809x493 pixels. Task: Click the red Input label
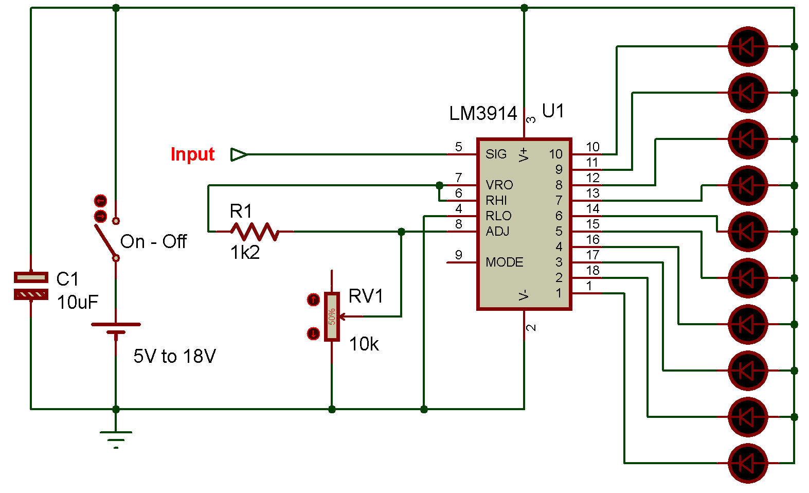192,154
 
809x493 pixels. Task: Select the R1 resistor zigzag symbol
255,232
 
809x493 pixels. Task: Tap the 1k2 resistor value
245,253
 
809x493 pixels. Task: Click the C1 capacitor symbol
31,286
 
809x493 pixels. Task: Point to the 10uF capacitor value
77,302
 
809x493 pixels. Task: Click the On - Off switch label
153,241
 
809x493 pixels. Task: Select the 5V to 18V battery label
174,356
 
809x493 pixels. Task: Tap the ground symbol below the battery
116,437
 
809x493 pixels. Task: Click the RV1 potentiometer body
332,316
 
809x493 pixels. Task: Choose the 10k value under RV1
364,344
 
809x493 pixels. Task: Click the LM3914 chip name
483,114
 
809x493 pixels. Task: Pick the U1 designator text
553,111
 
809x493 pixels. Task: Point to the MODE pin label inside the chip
504,262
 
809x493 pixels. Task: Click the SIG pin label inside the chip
496,154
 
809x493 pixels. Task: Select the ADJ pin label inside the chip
497,232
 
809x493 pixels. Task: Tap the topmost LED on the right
748,46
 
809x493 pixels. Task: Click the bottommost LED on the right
748,463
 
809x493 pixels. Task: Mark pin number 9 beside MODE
458,255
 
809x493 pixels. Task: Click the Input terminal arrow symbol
239,154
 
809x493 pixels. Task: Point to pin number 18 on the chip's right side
592,270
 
